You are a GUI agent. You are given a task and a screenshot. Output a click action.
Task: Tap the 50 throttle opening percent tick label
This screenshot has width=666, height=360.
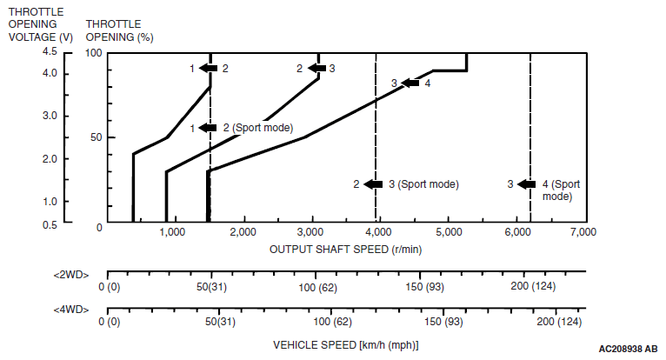97,137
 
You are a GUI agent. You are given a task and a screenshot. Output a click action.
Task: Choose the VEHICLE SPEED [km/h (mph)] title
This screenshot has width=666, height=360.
345,344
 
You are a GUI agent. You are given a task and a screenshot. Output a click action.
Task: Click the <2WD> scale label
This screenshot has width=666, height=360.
71,274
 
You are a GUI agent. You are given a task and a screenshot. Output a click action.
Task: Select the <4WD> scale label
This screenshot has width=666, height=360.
71,309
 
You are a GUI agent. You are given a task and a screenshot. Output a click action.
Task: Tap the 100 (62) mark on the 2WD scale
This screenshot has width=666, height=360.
317,287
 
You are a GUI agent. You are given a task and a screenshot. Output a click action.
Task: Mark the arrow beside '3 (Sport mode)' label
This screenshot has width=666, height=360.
374,184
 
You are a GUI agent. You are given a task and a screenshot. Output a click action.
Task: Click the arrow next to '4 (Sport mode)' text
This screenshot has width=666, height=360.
528,184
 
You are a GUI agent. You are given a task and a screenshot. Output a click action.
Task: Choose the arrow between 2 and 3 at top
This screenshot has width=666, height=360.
316,68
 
